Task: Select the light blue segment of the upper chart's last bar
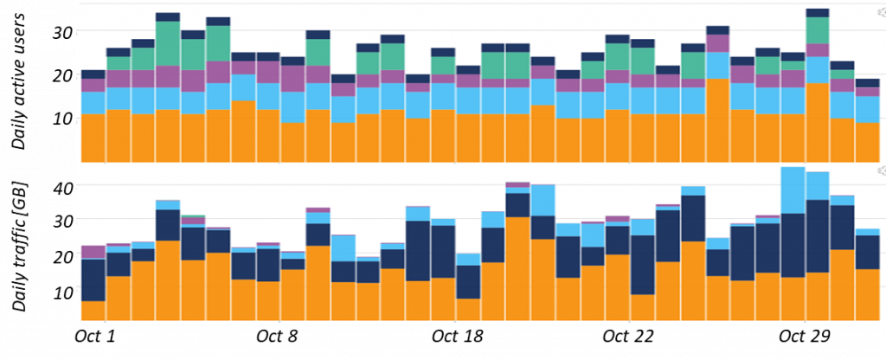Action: (x=867, y=109)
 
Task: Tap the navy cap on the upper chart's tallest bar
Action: (x=818, y=13)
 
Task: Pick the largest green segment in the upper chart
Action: (x=168, y=43)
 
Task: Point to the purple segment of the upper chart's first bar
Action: (x=93, y=85)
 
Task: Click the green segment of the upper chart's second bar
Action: (x=119, y=63)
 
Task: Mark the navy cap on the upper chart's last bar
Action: (x=867, y=83)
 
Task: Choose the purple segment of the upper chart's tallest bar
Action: (x=818, y=50)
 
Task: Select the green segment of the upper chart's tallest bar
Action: (x=818, y=30)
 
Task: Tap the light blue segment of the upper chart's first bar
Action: (x=93, y=102)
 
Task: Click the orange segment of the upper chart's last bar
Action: (x=867, y=142)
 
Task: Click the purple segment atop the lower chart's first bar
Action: (x=93, y=252)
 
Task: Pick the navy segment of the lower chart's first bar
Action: (x=93, y=280)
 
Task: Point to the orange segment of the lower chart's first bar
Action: (x=93, y=311)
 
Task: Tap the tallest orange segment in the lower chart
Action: (x=518, y=268)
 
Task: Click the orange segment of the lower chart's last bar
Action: (x=867, y=294)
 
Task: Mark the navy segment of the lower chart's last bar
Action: (x=867, y=252)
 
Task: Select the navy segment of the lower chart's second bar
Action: (x=119, y=264)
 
